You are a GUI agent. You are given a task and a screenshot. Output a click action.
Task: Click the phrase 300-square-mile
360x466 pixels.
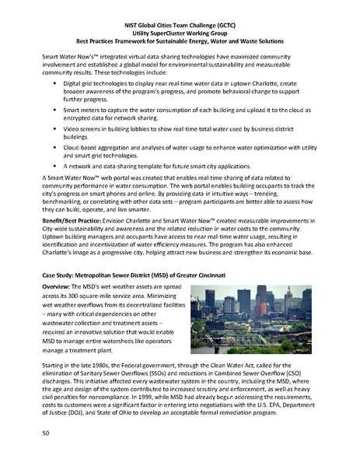(96, 299)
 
